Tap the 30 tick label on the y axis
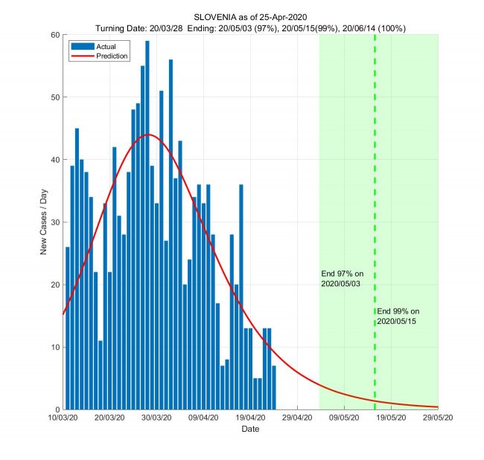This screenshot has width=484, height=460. click(55, 222)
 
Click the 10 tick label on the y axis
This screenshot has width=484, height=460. click(55, 347)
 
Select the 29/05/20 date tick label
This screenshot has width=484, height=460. click(438, 418)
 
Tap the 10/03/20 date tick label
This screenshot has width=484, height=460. click(63, 418)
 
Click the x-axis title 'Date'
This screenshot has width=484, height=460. click(250, 430)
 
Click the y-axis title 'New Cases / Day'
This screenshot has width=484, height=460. click(43, 222)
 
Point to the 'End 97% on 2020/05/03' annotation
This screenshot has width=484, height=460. click(342, 279)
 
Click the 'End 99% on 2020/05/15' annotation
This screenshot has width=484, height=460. click(398, 315)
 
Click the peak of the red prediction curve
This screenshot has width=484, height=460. click(148, 135)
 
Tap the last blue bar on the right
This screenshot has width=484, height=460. click(274, 387)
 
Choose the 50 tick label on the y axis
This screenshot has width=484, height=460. click(55, 97)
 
